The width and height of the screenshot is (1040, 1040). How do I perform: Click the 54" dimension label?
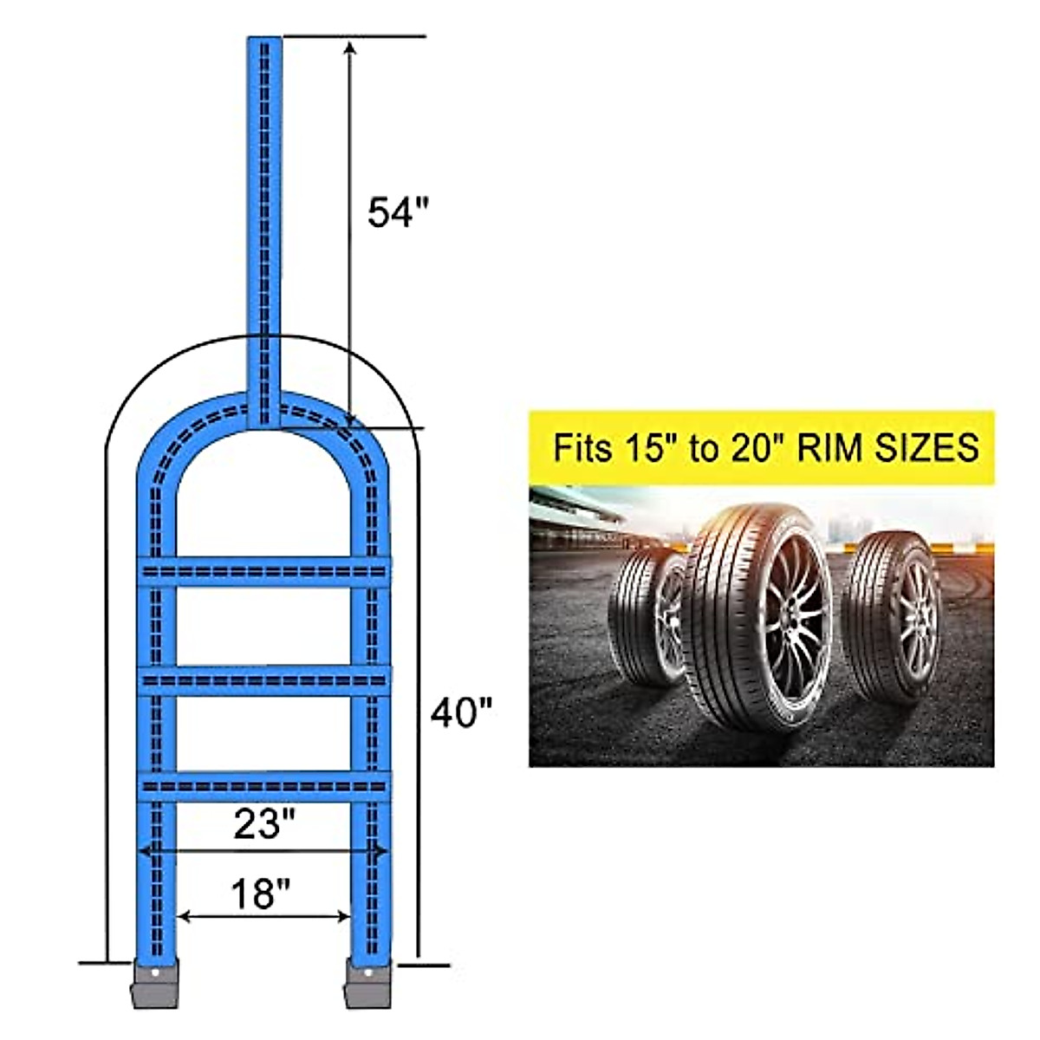point(398,212)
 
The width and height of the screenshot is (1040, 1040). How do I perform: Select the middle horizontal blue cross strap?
point(264,681)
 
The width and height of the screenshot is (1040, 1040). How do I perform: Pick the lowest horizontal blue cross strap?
point(264,786)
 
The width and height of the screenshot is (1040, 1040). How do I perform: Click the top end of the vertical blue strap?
point(264,43)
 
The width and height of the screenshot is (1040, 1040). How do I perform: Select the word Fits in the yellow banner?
point(583,449)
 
